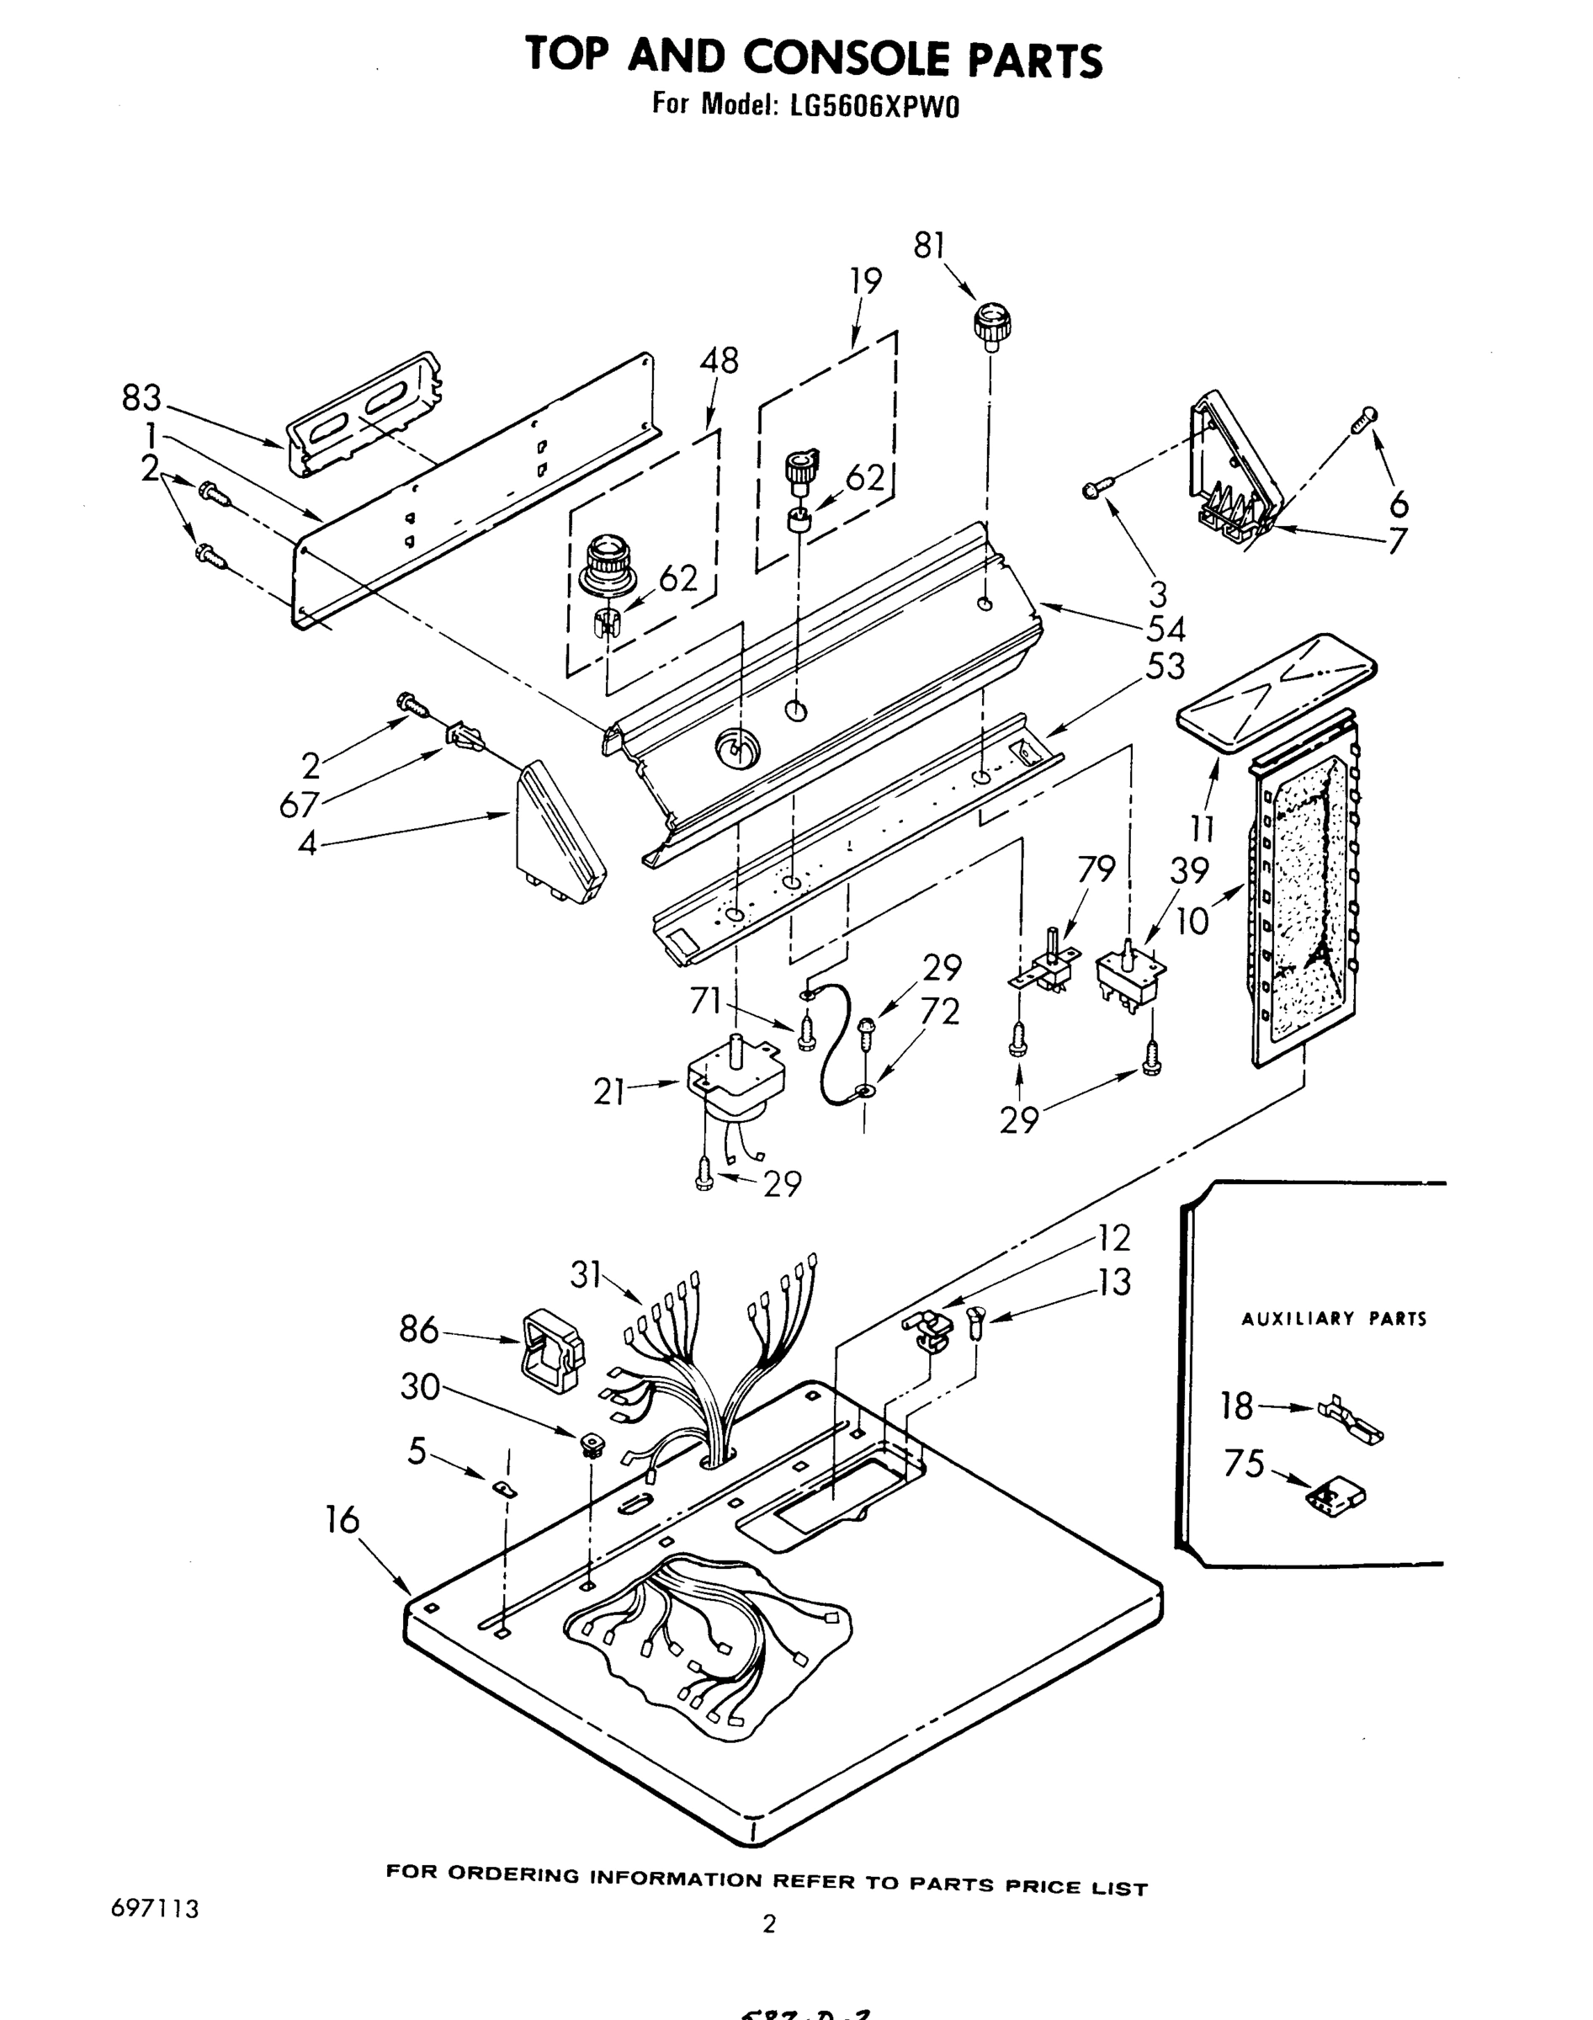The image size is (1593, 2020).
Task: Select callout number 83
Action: [141, 398]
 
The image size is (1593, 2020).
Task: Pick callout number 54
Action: [1165, 630]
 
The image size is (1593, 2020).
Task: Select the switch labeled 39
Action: [1131, 975]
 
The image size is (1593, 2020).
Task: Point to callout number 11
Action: [1203, 828]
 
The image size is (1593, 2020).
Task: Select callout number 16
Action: [342, 1520]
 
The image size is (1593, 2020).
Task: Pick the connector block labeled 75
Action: [1336, 1494]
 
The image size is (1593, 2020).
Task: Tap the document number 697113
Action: [155, 1909]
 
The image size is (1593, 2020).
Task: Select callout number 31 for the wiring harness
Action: [586, 1274]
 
